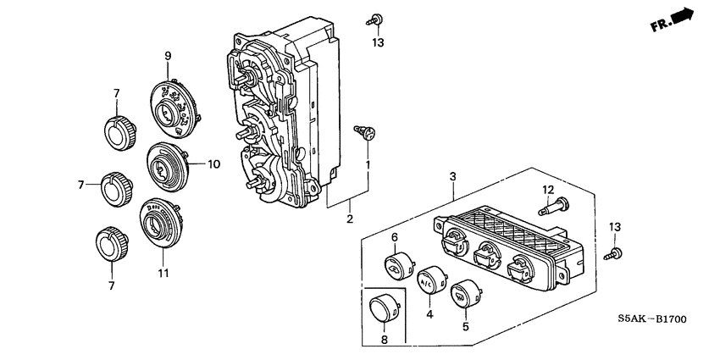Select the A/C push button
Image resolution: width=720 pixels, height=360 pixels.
[x=432, y=280]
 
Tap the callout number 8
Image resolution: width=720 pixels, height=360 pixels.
[x=385, y=340]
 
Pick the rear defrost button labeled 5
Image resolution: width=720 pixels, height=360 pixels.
[x=466, y=294]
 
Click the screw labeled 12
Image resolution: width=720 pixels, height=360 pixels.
[x=554, y=206]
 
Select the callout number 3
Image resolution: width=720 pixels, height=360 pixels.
[x=453, y=176]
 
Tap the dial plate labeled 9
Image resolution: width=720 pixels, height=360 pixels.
[x=175, y=108]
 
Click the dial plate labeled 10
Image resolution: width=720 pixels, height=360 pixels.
[x=168, y=166]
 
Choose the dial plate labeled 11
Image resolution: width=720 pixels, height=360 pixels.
[x=161, y=223]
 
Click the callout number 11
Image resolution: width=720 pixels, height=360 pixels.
[x=164, y=274]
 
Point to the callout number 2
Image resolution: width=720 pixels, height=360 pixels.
[x=350, y=219]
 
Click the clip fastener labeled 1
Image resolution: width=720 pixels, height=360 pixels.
[x=366, y=132]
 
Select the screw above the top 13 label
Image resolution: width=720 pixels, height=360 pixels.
[x=375, y=19]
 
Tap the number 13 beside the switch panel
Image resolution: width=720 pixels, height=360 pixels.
[x=615, y=227]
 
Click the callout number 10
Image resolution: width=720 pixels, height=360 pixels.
[x=214, y=164]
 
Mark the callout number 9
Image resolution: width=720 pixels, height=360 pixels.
[x=168, y=56]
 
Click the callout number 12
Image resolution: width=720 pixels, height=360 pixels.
[x=548, y=189]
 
